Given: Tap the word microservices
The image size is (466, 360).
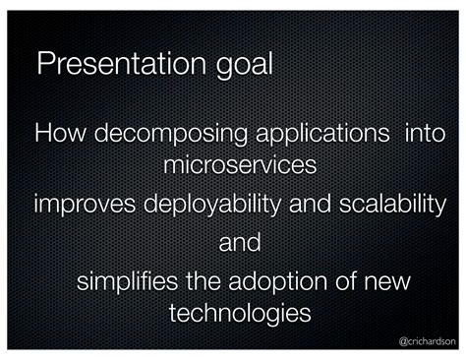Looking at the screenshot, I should point(240,164).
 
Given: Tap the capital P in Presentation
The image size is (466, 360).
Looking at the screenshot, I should point(45,65).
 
